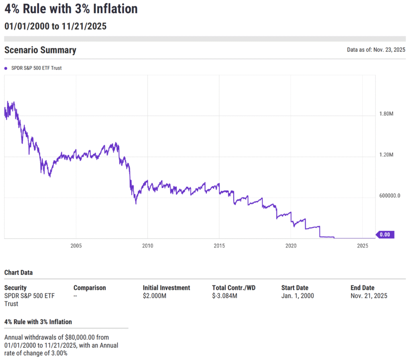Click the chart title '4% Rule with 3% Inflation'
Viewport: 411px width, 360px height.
point(71,9)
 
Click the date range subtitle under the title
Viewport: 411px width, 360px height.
point(55,26)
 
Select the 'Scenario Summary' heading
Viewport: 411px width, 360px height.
point(40,50)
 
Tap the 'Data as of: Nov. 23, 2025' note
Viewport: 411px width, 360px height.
point(376,50)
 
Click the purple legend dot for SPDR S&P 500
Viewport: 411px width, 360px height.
point(6,68)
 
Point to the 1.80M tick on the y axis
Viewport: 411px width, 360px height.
point(386,114)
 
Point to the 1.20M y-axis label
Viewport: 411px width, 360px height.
point(386,155)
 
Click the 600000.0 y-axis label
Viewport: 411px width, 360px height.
point(389,196)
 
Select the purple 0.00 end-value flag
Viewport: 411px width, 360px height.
point(385,235)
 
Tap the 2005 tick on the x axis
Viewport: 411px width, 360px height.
point(76,246)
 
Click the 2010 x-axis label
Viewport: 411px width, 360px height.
point(147,246)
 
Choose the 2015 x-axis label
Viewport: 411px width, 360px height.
point(219,246)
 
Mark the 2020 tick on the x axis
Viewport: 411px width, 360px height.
point(291,246)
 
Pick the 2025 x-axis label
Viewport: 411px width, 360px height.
point(362,246)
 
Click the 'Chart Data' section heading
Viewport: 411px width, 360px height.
point(18,273)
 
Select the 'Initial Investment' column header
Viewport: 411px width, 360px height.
point(166,288)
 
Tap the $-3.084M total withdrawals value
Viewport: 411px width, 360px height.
point(225,296)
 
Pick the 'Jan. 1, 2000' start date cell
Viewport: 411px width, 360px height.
point(297,296)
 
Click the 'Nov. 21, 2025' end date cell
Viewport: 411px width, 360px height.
point(369,296)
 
